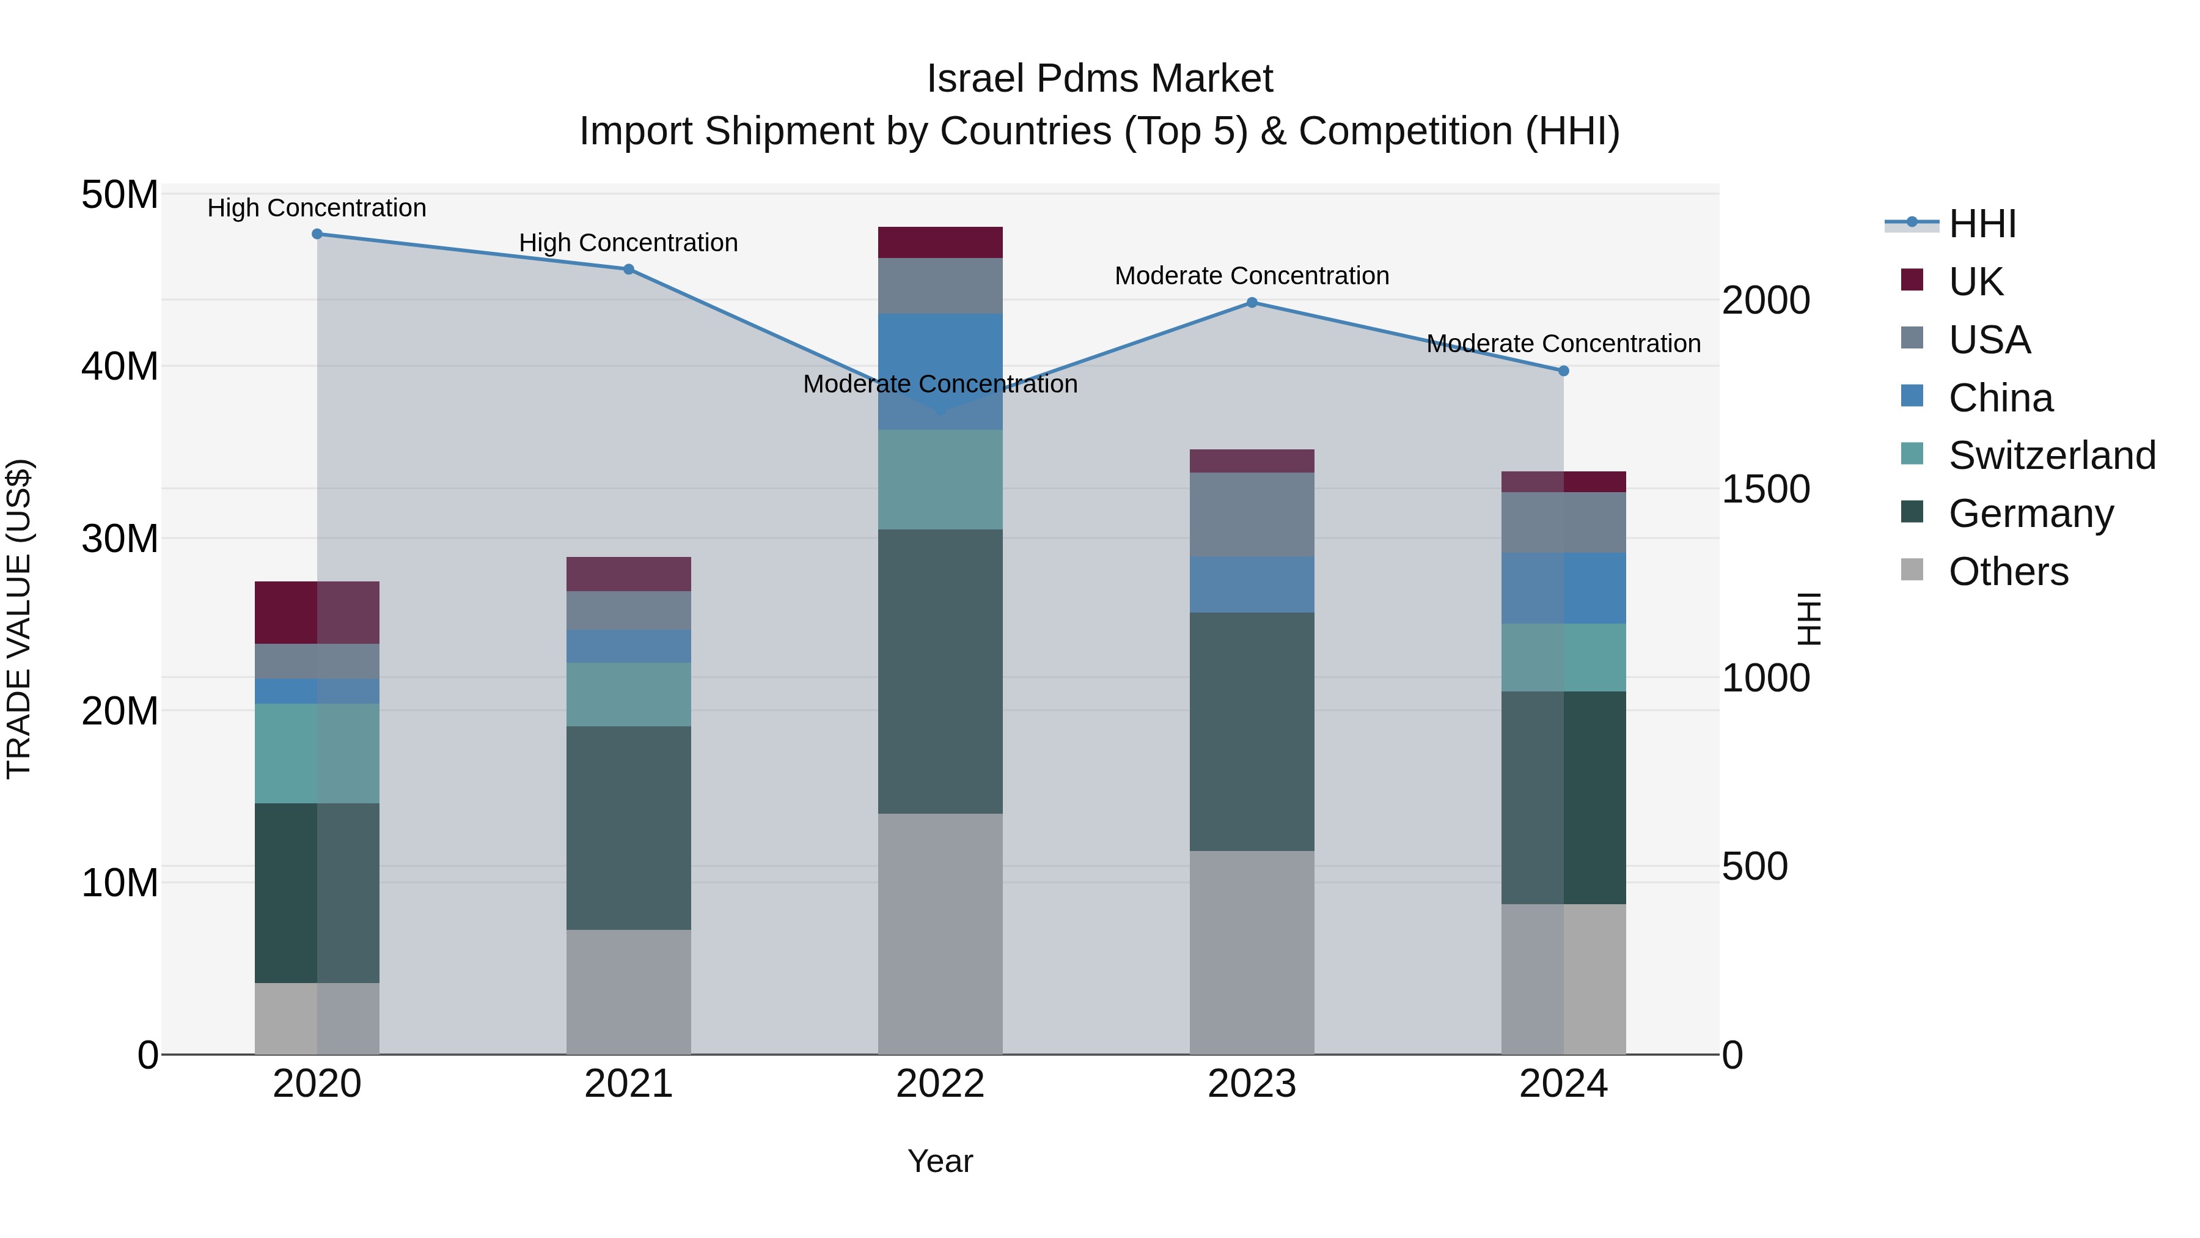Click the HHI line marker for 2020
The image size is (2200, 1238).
point(317,234)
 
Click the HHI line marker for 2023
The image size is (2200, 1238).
point(1252,303)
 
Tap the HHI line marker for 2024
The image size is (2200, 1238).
point(1564,371)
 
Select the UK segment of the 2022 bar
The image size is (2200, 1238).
point(941,243)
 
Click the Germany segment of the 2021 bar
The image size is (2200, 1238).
point(629,828)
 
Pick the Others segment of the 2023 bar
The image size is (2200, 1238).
point(1252,952)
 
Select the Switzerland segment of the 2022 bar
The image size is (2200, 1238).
point(941,479)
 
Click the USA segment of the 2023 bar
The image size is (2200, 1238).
point(1252,514)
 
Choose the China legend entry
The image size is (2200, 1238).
point(2000,398)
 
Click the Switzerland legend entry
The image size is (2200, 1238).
point(2051,455)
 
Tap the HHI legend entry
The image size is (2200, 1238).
point(1981,224)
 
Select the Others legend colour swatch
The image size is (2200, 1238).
point(1912,570)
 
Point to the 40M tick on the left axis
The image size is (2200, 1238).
point(120,367)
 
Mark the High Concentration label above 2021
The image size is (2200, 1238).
point(629,243)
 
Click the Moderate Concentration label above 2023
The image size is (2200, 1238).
point(1252,276)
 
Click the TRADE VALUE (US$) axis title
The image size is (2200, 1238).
point(19,619)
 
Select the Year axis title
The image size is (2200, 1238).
point(941,1161)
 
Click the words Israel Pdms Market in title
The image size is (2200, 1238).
point(1099,79)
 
